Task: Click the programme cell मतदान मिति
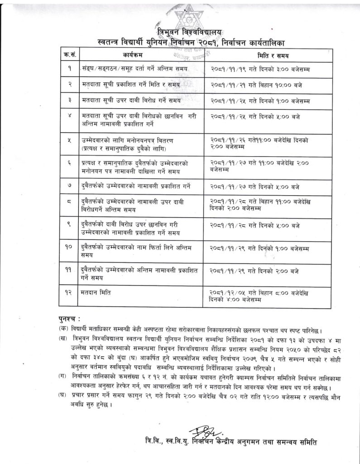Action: (95, 293)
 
